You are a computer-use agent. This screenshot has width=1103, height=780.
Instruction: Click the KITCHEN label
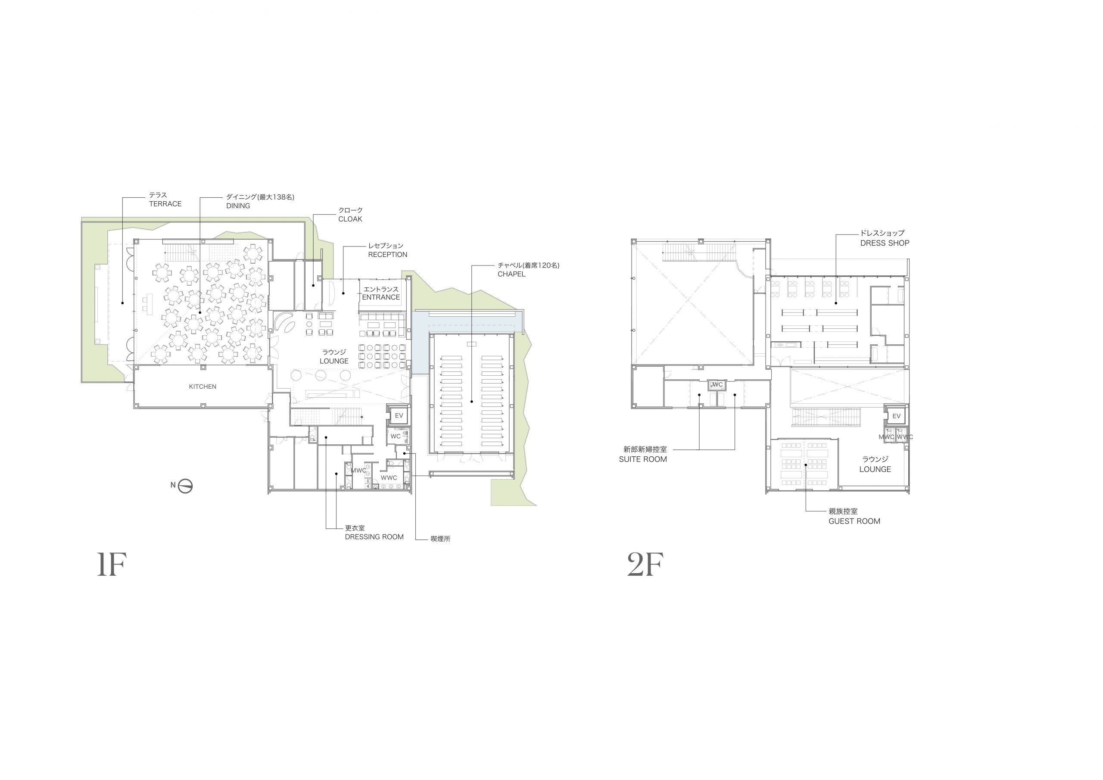tap(202, 387)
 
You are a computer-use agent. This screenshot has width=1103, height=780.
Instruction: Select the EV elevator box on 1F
tap(399, 416)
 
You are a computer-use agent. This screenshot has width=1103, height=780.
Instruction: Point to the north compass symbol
tap(185, 487)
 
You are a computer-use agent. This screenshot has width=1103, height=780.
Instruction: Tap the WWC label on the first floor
tap(389, 478)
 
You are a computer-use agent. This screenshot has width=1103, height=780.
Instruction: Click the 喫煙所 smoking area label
tap(440, 539)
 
